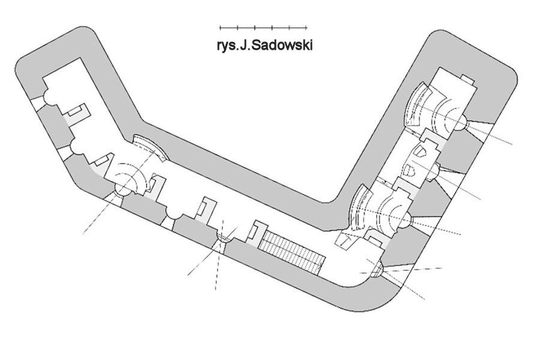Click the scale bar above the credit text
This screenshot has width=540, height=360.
tap(263, 28)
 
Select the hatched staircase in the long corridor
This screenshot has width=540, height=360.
tap(292, 250)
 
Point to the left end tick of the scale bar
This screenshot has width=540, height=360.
tap(220, 28)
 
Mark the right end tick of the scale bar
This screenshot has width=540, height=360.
tap(307, 28)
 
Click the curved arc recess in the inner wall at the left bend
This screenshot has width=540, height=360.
tap(151, 147)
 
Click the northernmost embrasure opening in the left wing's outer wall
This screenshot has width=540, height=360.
tap(38, 103)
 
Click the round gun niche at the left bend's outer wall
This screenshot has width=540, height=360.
tap(122, 190)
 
